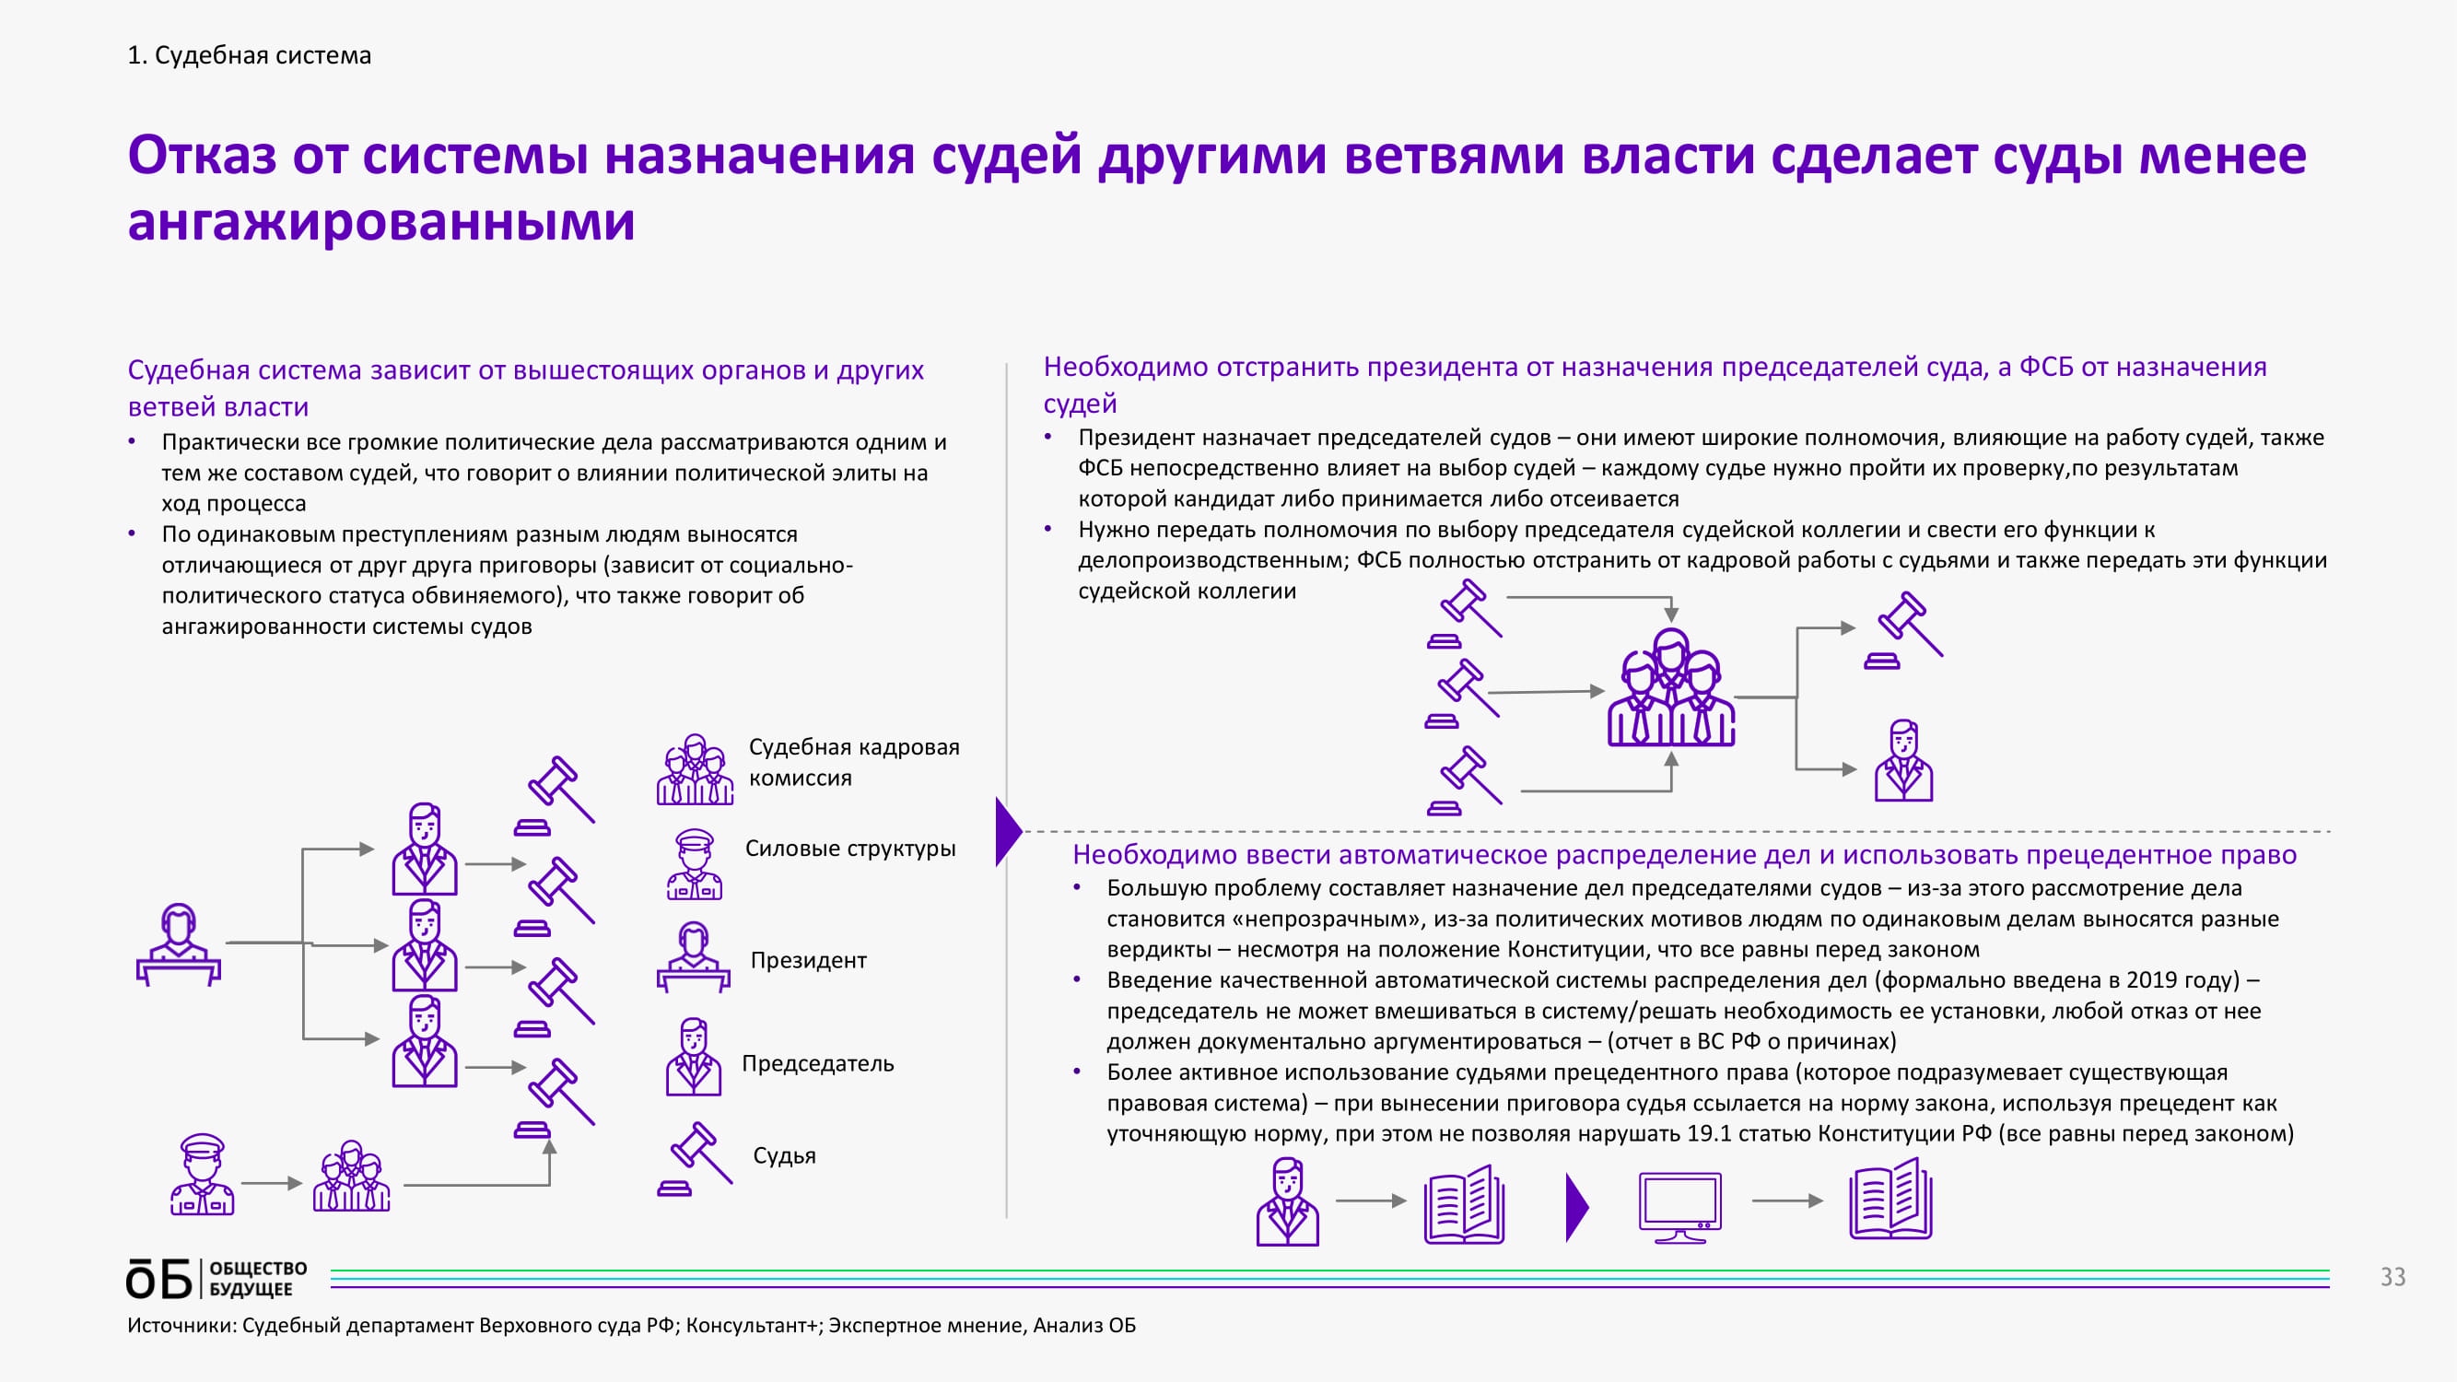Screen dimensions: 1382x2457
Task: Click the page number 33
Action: click(x=2393, y=1277)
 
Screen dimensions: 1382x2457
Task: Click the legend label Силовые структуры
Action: click(x=849, y=848)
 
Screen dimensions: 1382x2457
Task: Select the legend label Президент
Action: click(x=808, y=959)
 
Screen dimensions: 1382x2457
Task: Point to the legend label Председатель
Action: click(x=817, y=1062)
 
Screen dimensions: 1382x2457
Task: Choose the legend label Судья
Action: click(x=784, y=1155)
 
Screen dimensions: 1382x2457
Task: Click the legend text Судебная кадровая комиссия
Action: click(x=854, y=761)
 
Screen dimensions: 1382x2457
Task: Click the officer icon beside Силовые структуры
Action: click(x=695, y=864)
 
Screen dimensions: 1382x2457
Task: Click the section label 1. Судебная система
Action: click(x=249, y=55)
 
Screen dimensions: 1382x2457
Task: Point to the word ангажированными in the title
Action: click(x=381, y=221)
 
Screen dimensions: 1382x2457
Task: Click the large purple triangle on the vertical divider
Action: click(x=1007, y=832)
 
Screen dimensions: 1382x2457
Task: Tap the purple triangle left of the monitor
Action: click(x=1576, y=1208)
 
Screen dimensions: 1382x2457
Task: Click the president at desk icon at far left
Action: click(x=179, y=944)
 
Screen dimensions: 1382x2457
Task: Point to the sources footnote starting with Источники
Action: click(x=631, y=1325)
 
